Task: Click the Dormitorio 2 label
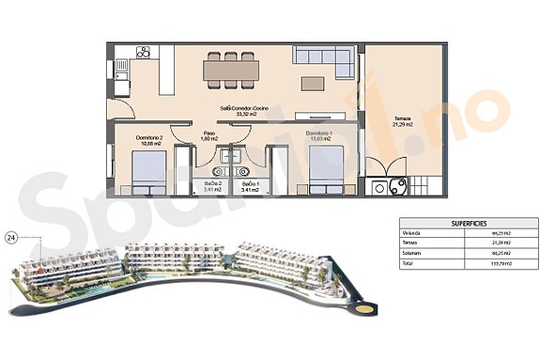(x=150, y=139)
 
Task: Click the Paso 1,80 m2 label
(x=210, y=136)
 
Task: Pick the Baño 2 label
(x=214, y=184)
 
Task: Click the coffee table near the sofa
(x=310, y=82)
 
